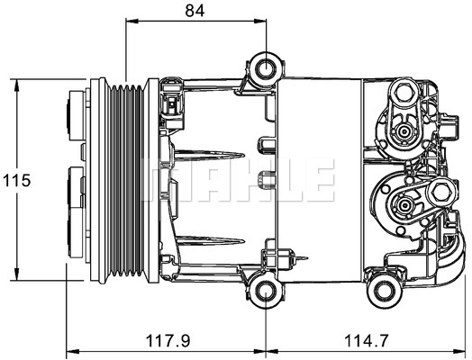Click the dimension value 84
[x=195, y=11]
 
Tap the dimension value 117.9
[x=168, y=341]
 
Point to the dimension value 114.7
[x=368, y=341]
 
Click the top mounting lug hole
[x=265, y=67]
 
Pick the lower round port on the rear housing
[x=404, y=208]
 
